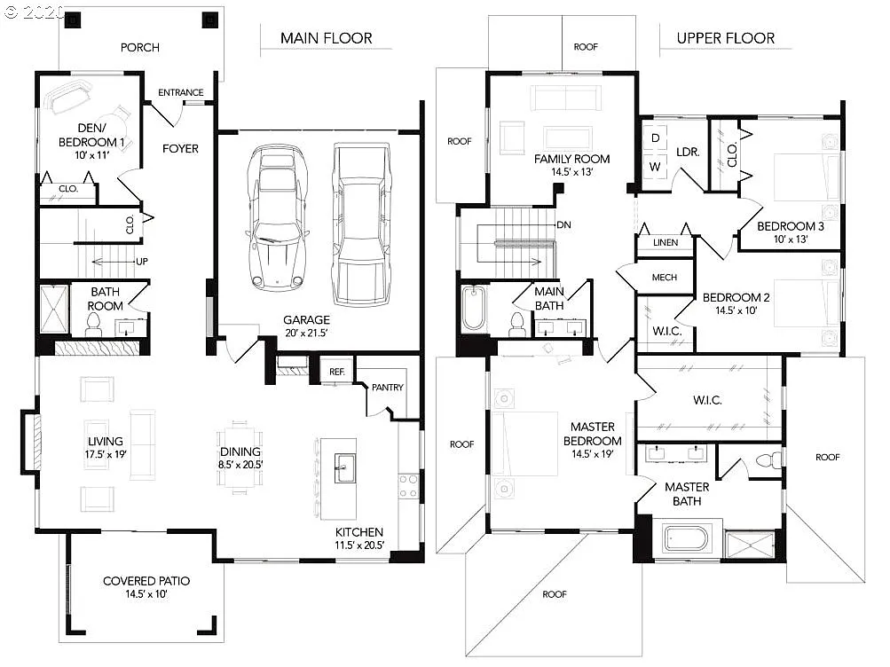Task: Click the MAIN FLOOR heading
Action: point(326,38)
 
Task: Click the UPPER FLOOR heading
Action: point(725,38)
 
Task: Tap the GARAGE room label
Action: point(306,320)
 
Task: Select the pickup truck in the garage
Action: point(359,224)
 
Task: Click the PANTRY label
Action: point(388,387)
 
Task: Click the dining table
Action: point(240,456)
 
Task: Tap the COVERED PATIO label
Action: point(146,581)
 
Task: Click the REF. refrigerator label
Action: point(337,373)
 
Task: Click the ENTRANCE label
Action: point(180,93)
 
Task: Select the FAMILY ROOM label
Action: point(571,160)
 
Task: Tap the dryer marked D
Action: point(656,138)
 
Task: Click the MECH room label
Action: point(664,278)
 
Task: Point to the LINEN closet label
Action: point(665,242)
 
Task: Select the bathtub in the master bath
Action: point(686,539)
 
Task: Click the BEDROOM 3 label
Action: point(790,226)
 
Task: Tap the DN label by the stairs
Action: point(563,225)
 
